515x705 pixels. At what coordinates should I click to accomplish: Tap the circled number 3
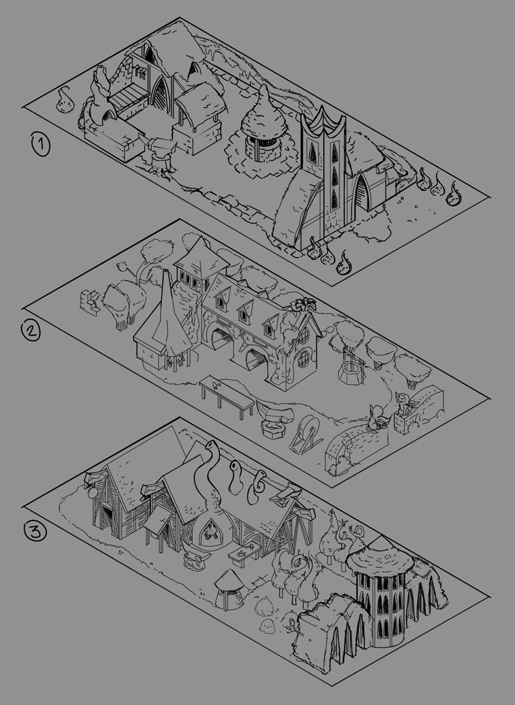tap(35, 532)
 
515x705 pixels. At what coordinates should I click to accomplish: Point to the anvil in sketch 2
tap(274, 418)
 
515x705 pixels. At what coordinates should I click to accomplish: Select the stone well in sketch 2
tap(351, 367)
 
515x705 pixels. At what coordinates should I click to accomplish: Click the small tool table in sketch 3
tap(243, 554)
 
